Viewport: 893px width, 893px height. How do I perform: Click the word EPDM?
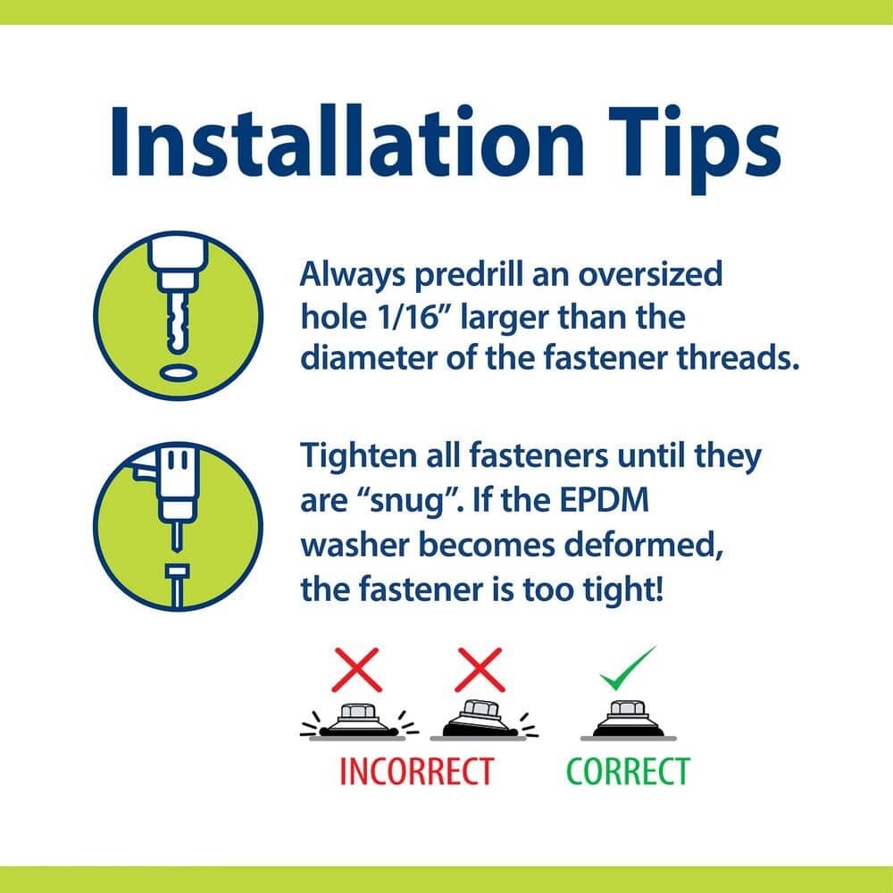(605, 500)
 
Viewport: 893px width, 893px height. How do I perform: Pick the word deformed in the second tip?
(644, 546)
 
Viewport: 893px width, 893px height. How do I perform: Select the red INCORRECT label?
(416, 772)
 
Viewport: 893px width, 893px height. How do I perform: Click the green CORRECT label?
(628, 772)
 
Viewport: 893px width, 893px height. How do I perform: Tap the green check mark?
(627, 669)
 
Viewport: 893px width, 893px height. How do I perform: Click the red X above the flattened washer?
(356, 670)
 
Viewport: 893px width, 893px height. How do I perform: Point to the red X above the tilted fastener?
(480, 670)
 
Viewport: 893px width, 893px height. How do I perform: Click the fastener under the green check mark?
(628, 720)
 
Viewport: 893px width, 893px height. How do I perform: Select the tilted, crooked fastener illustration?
(480, 719)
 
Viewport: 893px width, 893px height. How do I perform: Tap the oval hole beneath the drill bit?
(179, 373)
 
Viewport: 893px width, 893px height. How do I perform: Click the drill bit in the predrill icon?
(179, 321)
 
